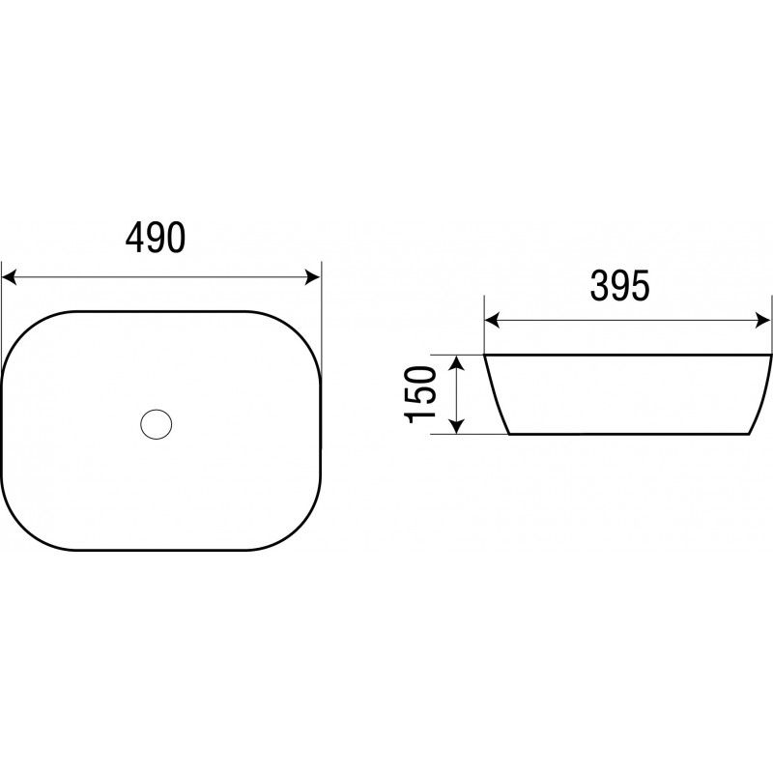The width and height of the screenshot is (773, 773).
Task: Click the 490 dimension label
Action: (x=156, y=237)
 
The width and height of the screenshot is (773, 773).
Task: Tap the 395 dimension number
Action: (x=619, y=285)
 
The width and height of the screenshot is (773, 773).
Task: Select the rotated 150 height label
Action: (x=420, y=394)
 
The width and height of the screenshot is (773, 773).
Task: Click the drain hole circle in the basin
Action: (x=157, y=424)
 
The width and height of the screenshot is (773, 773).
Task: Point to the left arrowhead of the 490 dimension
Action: (x=10, y=277)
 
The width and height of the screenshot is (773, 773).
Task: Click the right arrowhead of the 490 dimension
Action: (x=312, y=277)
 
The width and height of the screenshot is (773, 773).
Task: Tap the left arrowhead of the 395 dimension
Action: (x=492, y=321)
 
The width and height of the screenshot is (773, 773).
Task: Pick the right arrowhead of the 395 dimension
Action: (x=763, y=321)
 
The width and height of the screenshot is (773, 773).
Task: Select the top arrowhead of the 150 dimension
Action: (x=457, y=362)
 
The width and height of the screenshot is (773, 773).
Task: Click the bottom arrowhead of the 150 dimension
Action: (x=457, y=426)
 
